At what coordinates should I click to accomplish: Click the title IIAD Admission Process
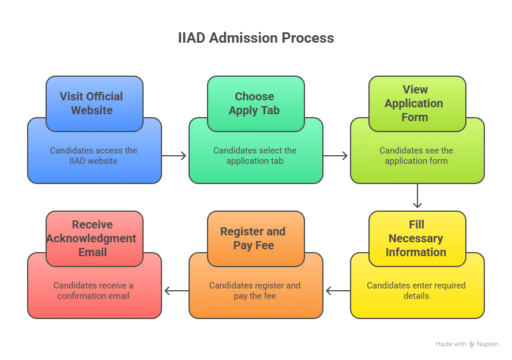[255, 38]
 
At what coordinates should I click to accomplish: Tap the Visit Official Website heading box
[94, 103]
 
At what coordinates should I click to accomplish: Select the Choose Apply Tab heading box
[255, 103]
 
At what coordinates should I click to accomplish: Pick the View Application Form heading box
[417, 103]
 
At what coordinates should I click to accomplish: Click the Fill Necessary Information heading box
[417, 238]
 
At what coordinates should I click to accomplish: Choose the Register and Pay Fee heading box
[255, 238]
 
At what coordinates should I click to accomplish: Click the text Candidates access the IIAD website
[93, 156]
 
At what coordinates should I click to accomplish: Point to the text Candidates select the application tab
[255, 156]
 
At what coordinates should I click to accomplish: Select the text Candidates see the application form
[416, 156]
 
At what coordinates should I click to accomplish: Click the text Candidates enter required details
[416, 290]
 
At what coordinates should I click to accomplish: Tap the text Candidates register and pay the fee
[255, 290]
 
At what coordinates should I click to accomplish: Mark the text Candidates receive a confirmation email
[93, 290]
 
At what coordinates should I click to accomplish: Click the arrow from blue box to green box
[175, 156]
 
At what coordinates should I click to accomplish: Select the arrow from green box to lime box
[336, 156]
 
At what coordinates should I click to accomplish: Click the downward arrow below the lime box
[417, 197]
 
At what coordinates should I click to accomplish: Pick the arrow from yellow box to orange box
[337, 291]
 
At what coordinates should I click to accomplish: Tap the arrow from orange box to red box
[176, 291]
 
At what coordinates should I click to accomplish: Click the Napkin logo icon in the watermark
[472, 344]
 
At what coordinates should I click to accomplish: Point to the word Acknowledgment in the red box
[92, 238]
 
